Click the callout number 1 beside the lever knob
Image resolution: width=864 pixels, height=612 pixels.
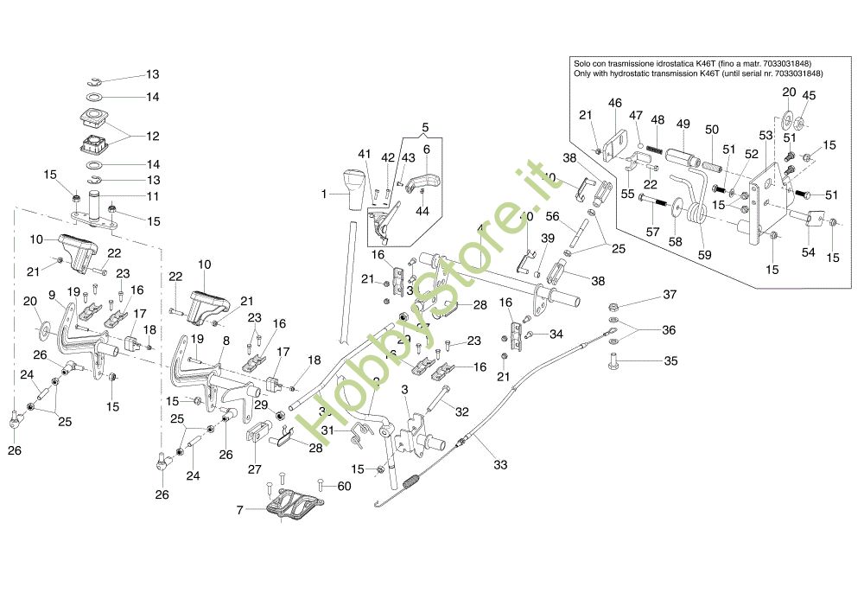coord(325,194)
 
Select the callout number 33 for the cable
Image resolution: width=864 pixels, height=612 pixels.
coord(499,465)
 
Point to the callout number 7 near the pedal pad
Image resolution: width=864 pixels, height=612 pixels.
coord(239,511)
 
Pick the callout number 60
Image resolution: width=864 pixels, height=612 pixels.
coord(345,486)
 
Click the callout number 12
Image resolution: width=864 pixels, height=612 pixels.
coord(153,137)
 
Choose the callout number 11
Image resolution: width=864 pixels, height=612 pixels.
coord(153,196)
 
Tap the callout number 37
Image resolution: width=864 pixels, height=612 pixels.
coord(670,296)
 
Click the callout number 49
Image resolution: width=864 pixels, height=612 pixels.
coord(683,124)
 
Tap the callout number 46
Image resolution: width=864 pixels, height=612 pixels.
coord(614,103)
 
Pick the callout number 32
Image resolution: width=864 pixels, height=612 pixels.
coord(462,412)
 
